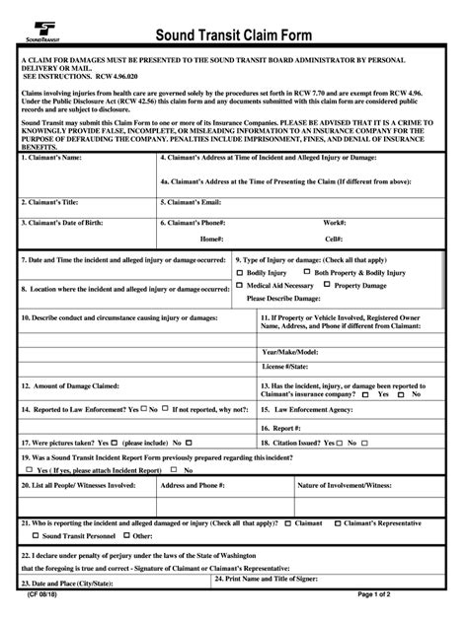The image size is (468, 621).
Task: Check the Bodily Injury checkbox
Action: tap(240, 271)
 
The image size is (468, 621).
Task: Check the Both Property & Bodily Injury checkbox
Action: tap(307, 271)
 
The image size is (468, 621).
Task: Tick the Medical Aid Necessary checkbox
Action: tap(240, 284)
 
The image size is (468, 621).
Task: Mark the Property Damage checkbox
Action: tap(327, 284)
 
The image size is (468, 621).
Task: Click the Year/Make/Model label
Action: tap(289, 351)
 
